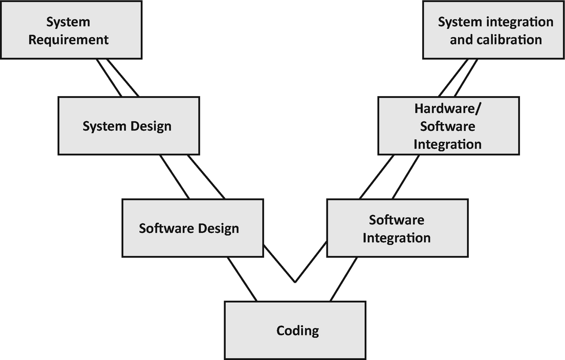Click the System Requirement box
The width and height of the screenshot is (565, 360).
71,30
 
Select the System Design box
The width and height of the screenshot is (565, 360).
128,126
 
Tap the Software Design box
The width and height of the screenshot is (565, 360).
192,228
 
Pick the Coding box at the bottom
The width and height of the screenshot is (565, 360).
295,330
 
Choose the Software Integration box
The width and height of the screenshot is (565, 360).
397,228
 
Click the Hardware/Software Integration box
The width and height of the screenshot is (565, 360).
448,126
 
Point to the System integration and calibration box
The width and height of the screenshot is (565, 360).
495,30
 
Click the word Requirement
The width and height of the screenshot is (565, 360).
69,39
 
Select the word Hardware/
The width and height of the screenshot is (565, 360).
448,108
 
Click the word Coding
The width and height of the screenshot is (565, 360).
297,330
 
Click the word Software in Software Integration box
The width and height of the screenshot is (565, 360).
397,220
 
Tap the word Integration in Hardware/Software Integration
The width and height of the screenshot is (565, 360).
447,144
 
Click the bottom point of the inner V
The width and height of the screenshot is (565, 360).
295,282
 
